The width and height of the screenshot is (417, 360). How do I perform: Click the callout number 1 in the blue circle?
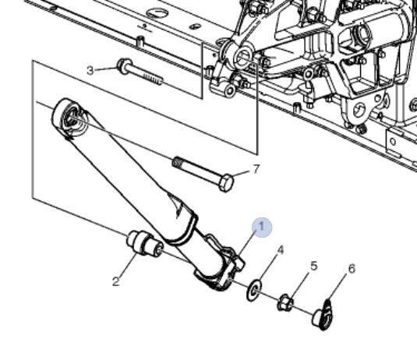[262, 227]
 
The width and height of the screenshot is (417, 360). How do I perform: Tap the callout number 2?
[116, 281]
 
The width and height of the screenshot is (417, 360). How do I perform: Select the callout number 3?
[90, 71]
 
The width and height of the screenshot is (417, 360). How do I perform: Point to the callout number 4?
[281, 250]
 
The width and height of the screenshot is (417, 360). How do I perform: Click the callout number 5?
[314, 266]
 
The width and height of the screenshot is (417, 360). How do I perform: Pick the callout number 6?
[352, 269]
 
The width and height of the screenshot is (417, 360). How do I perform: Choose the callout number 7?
[256, 169]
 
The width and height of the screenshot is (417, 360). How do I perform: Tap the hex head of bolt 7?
[226, 182]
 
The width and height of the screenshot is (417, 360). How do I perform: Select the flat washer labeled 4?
[254, 290]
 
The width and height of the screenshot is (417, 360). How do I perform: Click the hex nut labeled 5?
[285, 302]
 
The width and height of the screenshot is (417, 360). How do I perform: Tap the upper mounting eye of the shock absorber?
[69, 118]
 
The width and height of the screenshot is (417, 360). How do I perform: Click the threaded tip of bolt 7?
[178, 162]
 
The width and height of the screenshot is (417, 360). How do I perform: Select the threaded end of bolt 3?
[154, 79]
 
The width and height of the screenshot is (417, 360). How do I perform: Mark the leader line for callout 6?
[337, 288]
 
